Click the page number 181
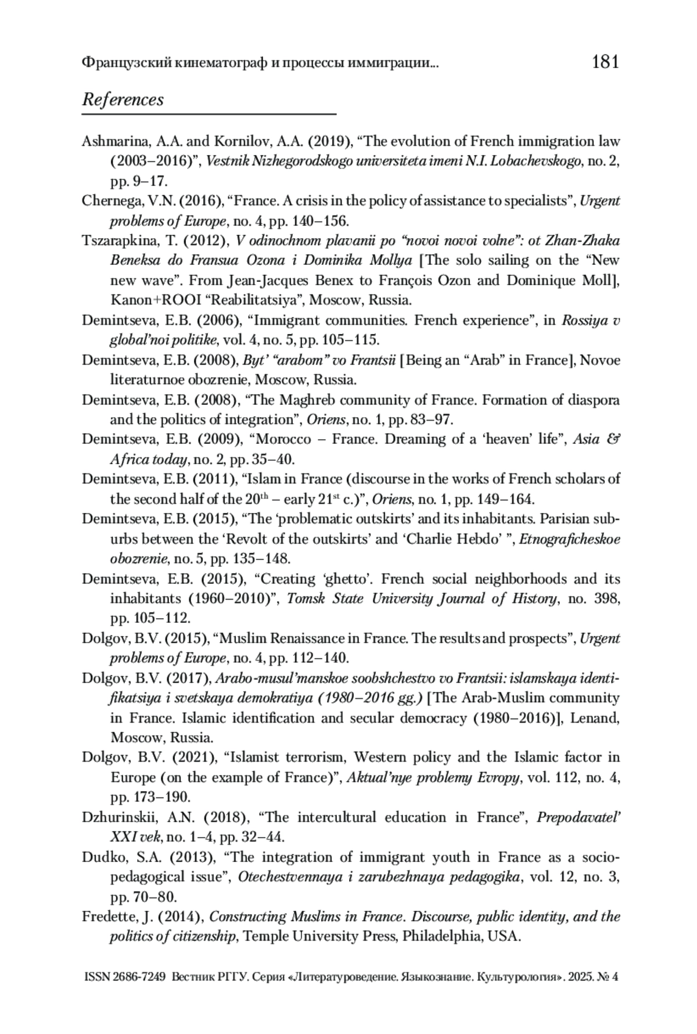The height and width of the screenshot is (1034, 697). point(605,61)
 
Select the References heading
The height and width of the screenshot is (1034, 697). point(123,99)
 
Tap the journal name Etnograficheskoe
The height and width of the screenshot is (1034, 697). point(569,539)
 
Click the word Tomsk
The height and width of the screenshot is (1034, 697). point(306,598)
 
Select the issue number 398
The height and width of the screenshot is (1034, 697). point(606,598)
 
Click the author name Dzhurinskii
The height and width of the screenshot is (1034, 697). point(119,817)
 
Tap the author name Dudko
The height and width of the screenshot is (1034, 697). point(100,857)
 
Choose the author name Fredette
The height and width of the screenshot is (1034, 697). point(109,917)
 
